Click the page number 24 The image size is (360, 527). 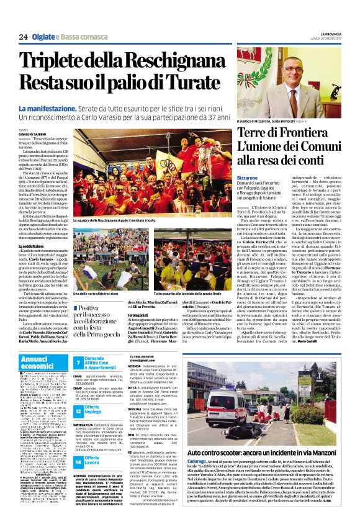23,37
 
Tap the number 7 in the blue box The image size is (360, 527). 78,363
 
